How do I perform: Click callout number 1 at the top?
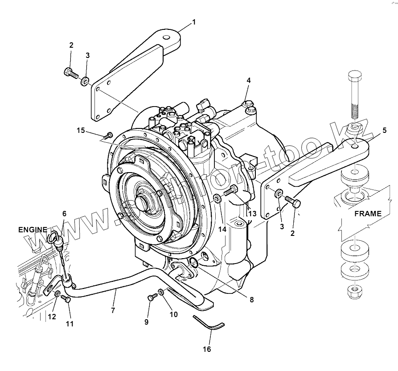(194, 22)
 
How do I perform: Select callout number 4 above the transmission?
(249, 81)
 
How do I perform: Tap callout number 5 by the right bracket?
(384, 131)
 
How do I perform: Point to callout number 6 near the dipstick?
(64, 214)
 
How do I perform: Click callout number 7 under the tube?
(113, 310)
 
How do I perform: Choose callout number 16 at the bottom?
(207, 349)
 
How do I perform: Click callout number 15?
(80, 130)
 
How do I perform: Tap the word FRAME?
(368, 214)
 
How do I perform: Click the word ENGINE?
(33, 230)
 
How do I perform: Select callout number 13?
(252, 214)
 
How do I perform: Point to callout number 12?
(52, 317)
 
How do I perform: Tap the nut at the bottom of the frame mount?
(353, 292)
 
